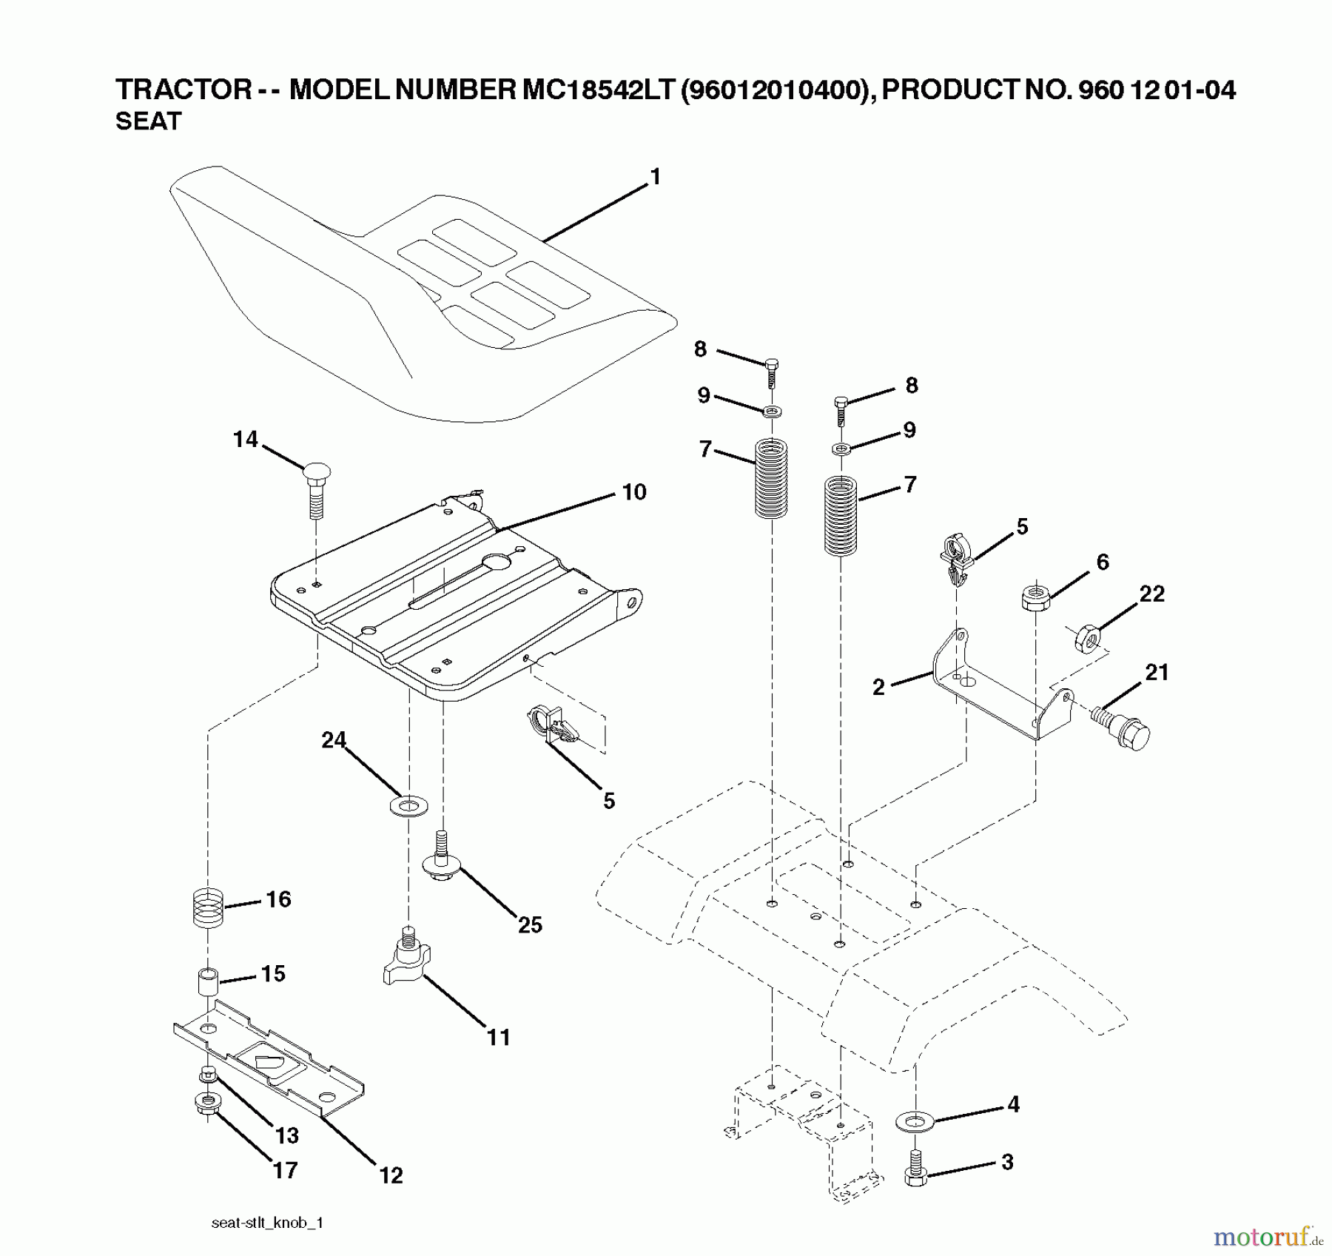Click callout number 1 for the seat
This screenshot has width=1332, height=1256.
[654, 178]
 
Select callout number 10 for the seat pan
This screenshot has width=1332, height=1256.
[634, 492]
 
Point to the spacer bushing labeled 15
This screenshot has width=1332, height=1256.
[208, 982]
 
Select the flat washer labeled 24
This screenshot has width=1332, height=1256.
[407, 805]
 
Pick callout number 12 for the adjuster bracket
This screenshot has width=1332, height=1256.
[391, 1175]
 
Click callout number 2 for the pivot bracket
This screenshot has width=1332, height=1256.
[878, 688]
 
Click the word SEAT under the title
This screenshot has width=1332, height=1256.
[148, 121]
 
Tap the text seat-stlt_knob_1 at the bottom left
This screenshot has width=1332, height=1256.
[267, 1223]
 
